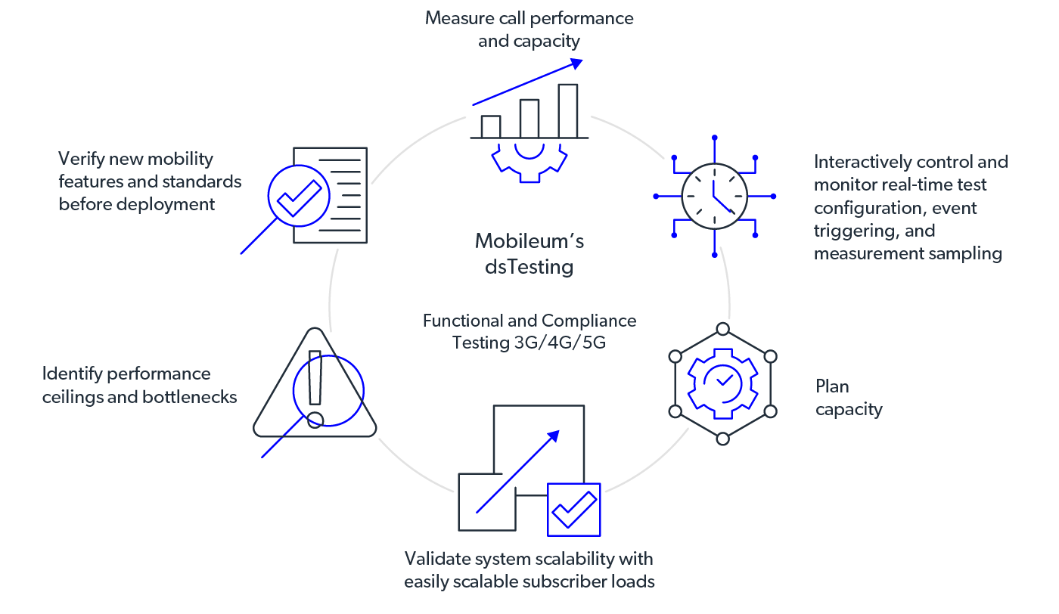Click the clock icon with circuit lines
tap(714, 196)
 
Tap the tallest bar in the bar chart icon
tap(567, 110)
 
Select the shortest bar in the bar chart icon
tap(491, 126)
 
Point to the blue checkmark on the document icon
tap(299, 196)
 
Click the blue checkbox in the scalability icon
tap(574, 509)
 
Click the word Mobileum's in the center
tap(529, 242)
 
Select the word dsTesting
tap(529, 267)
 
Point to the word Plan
tap(832, 386)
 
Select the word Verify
tap(80, 160)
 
